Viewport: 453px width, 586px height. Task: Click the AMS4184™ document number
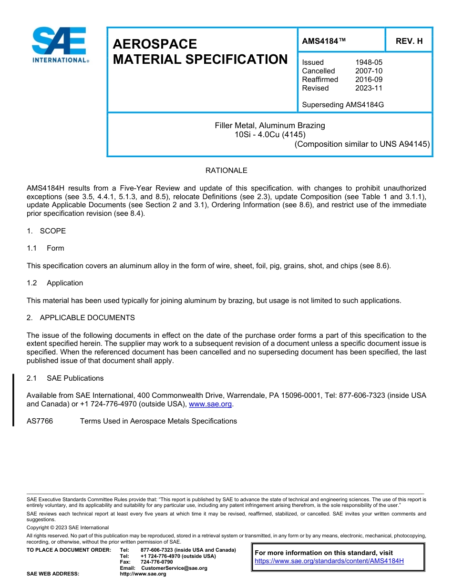point(324,41)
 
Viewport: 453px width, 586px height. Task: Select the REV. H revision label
point(409,41)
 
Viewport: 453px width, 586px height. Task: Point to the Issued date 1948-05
point(369,62)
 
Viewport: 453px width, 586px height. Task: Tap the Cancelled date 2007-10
point(369,71)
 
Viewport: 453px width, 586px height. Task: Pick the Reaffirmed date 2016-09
point(369,80)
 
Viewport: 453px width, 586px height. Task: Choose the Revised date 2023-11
point(369,88)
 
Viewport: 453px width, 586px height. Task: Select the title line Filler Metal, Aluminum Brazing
point(269,126)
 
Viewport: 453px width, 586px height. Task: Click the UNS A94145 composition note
point(362,144)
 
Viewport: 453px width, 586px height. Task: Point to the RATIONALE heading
point(226,171)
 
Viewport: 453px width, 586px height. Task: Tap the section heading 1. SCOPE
point(46,231)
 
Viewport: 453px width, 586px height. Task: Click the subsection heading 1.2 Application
point(55,283)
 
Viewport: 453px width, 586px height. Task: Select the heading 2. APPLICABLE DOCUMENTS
point(81,318)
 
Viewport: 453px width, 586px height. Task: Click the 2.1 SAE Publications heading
point(65,378)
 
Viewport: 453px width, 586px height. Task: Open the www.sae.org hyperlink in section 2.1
point(210,404)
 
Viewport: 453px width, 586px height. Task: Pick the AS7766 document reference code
point(40,421)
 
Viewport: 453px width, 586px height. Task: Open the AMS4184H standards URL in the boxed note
point(329,561)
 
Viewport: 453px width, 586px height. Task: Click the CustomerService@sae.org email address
point(174,568)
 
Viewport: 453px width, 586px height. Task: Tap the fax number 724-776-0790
point(156,562)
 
